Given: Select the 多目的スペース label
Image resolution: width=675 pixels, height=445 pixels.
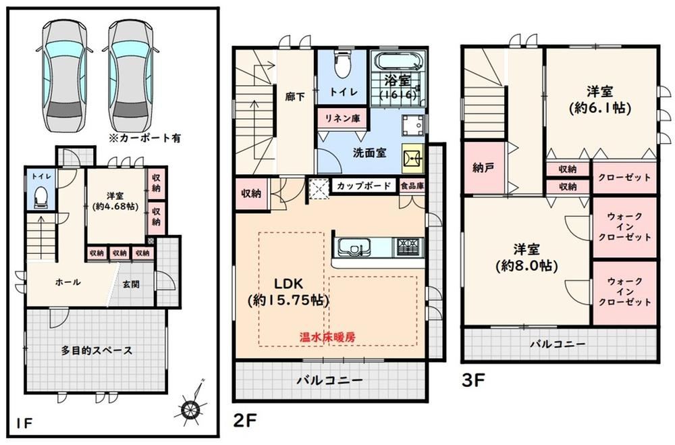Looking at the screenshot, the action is [97, 350].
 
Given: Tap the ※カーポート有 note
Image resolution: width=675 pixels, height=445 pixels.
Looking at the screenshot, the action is [145, 138].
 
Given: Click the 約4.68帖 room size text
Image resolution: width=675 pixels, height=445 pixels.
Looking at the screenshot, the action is [116, 207].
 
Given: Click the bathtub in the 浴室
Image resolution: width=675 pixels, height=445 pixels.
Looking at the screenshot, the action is [398, 61].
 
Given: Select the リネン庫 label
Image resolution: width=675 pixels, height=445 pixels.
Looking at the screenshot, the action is [343, 118].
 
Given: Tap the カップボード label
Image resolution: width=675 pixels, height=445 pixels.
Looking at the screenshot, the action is [364, 186].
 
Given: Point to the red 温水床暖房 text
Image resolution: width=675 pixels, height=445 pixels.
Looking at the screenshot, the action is [327, 338].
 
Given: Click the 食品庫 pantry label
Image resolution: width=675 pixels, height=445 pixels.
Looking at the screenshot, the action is [412, 186].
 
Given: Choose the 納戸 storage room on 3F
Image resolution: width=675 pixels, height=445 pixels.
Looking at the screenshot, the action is [483, 168].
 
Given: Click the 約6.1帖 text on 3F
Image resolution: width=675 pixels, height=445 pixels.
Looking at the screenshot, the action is [600, 107].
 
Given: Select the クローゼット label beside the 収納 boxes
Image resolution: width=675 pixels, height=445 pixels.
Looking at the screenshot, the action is [624, 177].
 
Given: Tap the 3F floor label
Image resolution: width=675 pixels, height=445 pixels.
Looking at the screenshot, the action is [474, 380].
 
